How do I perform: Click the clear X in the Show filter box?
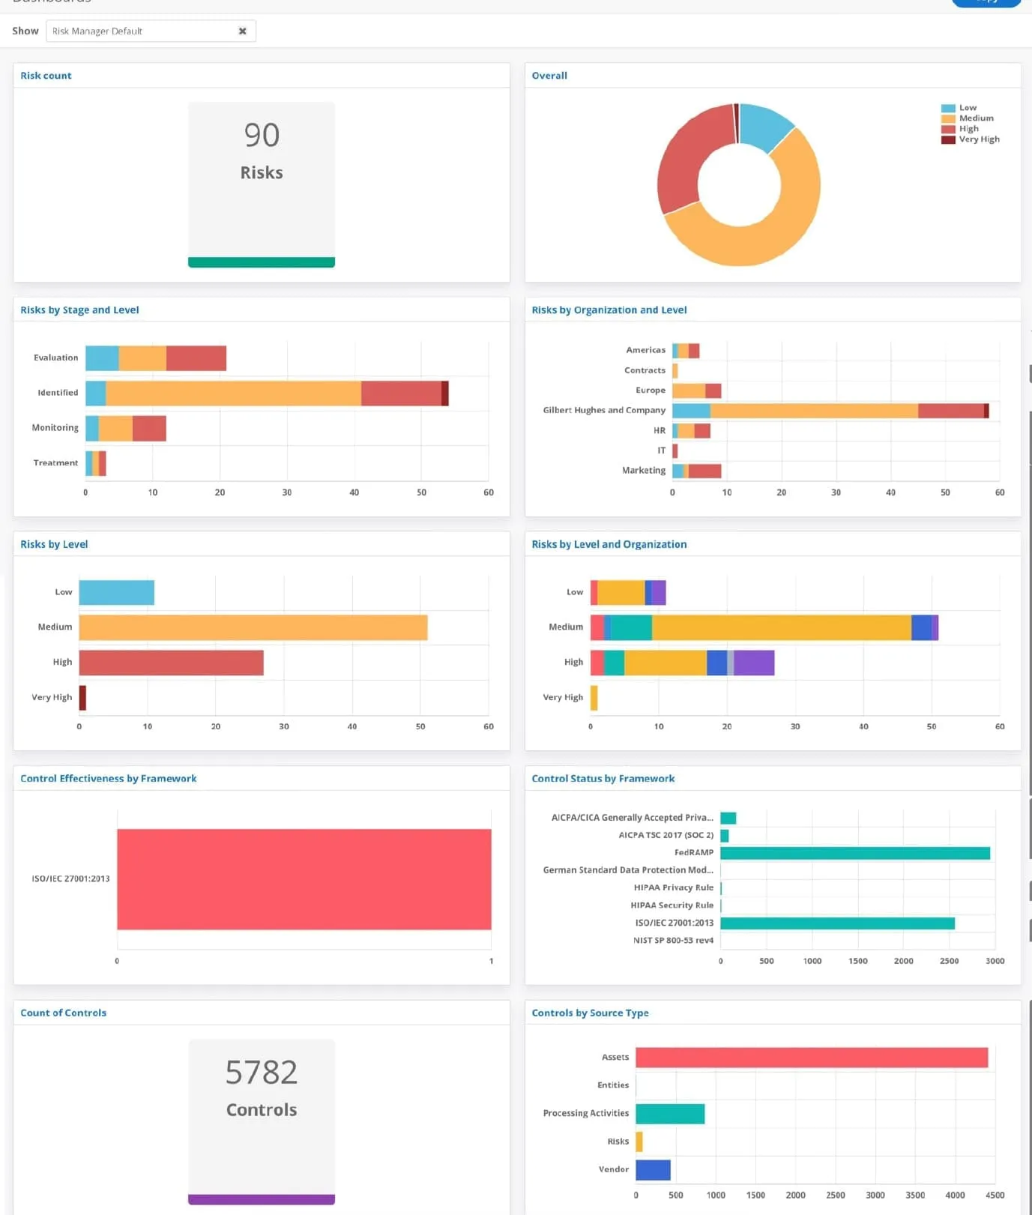242,31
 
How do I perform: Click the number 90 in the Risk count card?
262,136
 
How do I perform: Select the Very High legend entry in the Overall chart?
979,139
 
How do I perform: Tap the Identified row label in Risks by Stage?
58,393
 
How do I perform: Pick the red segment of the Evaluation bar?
196,358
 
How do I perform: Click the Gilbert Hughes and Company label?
604,411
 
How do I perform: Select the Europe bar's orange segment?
689,391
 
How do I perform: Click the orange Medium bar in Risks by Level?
253,627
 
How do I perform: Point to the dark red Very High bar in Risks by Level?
82,698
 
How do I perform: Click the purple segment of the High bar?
753,663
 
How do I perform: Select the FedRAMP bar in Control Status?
854,853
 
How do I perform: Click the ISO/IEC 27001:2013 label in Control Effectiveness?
70,879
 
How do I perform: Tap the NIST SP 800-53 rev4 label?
673,941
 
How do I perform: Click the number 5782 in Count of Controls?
262,1073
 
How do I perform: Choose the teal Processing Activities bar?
670,1114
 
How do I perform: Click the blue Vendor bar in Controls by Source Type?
653,1170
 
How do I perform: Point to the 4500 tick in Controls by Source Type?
995,1196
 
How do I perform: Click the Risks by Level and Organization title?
609,545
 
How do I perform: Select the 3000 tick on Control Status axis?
995,961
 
